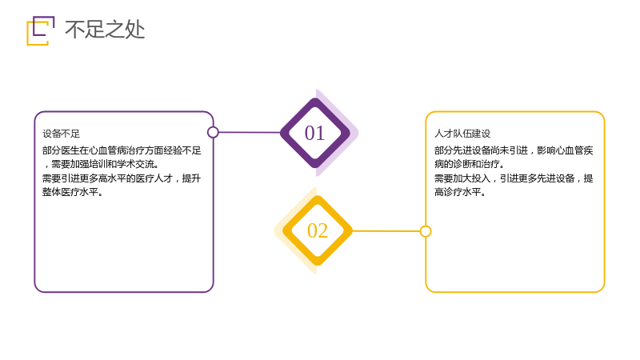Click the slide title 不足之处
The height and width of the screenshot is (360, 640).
[x=105, y=30]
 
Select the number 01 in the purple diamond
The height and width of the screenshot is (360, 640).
[x=314, y=133]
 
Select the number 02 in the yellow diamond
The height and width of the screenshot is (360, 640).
[x=318, y=230]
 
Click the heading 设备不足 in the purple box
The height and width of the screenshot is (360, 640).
[x=62, y=134]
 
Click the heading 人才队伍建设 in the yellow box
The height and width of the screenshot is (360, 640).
[x=462, y=134]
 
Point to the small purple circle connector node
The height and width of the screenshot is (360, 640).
[x=213, y=132]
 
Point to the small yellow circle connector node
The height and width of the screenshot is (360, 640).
[x=426, y=231]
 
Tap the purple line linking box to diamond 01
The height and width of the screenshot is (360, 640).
[x=250, y=132]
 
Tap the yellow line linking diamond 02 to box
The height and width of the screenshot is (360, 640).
[x=386, y=231]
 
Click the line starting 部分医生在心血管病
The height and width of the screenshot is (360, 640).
[x=122, y=150]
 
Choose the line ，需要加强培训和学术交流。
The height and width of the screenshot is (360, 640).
[x=101, y=164]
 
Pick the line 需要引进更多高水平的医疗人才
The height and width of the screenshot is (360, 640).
[x=122, y=178]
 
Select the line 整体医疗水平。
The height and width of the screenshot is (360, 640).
[x=73, y=192]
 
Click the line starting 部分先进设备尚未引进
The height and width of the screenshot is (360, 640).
[x=514, y=150]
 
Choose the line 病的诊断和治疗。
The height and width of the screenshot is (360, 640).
[x=470, y=164]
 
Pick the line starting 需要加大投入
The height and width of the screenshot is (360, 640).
[x=514, y=178]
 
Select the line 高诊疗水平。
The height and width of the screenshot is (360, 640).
[x=460, y=192]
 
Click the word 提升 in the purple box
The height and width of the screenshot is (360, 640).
[x=192, y=178]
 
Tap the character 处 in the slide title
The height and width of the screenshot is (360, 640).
[x=135, y=30]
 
